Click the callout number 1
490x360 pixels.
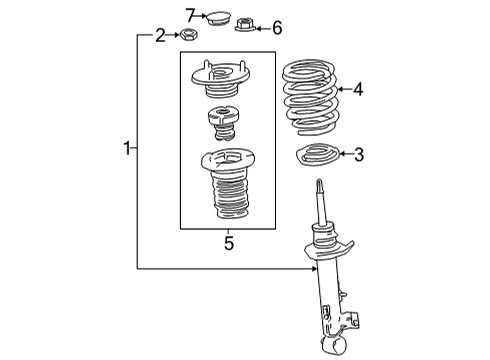[x=127, y=149]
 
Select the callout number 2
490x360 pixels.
[x=159, y=36]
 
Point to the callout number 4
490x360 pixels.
[x=358, y=89]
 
